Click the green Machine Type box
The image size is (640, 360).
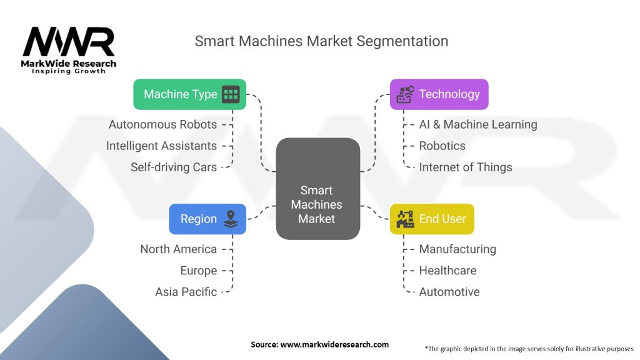click(189, 94)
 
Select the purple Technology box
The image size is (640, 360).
click(439, 94)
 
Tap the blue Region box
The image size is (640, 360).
click(207, 219)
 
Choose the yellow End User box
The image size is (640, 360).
click(431, 219)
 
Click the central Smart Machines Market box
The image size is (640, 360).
click(317, 205)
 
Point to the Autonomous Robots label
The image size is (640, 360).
click(162, 124)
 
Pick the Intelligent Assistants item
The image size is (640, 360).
click(161, 146)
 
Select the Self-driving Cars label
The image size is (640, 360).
click(174, 167)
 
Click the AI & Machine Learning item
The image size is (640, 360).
click(477, 124)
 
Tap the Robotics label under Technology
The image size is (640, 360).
click(442, 146)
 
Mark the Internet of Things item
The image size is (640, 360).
click(465, 167)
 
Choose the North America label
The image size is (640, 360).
click(178, 249)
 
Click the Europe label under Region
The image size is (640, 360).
click(199, 271)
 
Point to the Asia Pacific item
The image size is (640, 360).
click(186, 292)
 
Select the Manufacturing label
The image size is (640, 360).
click(457, 249)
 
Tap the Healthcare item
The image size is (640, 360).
click(447, 271)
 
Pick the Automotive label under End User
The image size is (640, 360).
click(449, 292)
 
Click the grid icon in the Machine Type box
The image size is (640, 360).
click(231, 94)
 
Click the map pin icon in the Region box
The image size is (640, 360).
click(231, 219)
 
